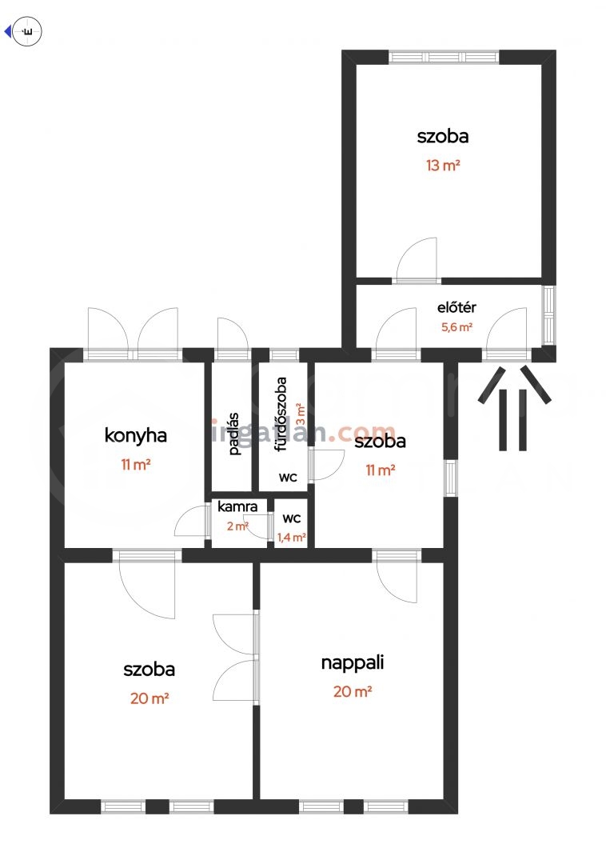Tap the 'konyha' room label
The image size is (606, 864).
(x=135, y=435)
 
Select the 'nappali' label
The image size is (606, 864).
(x=353, y=663)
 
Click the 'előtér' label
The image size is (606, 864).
(x=456, y=307)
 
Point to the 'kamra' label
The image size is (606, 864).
(x=237, y=506)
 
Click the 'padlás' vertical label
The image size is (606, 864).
(x=234, y=434)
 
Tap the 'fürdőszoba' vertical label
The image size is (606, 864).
(x=281, y=414)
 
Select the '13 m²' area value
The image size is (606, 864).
(x=443, y=165)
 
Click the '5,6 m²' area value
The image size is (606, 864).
(x=456, y=327)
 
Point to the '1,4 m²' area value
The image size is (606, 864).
(x=292, y=538)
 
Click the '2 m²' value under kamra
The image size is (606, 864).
(x=237, y=526)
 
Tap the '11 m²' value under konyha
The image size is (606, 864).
(x=135, y=465)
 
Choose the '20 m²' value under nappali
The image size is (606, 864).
(x=353, y=691)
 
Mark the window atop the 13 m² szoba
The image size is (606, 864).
(x=444, y=57)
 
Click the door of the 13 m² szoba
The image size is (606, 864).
(x=417, y=261)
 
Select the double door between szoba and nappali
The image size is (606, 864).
(x=236, y=658)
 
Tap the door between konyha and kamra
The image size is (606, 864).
(x=192, y=522)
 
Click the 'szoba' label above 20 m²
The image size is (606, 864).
(x=150, y=670)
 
